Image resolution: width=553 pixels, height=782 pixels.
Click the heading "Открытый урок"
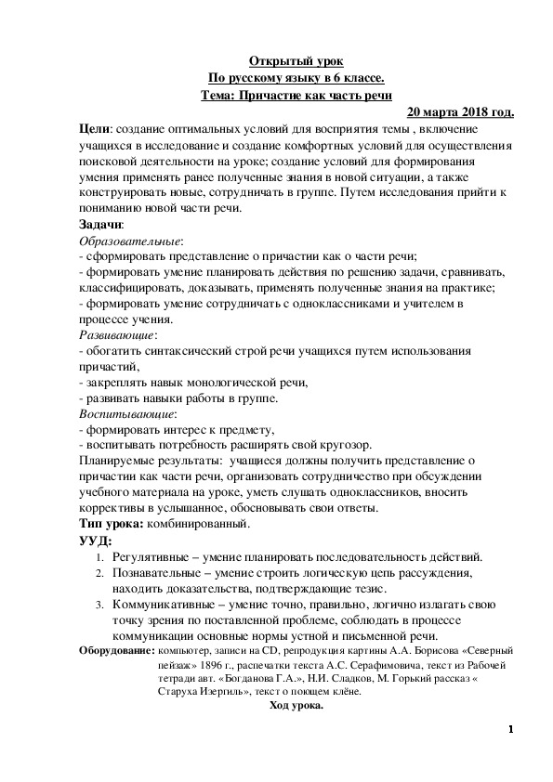click(296, 60)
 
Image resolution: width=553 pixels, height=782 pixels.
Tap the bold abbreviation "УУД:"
click(97, 541)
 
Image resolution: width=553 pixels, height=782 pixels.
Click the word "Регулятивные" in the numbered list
click(154, 557)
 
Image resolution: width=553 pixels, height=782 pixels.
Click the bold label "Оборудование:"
click(117, 652)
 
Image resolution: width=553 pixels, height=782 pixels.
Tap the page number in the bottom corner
click(510, 729)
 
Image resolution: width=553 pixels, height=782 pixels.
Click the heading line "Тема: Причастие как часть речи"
click(296, 95)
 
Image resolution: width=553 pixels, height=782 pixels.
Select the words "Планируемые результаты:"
click(149, 461)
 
